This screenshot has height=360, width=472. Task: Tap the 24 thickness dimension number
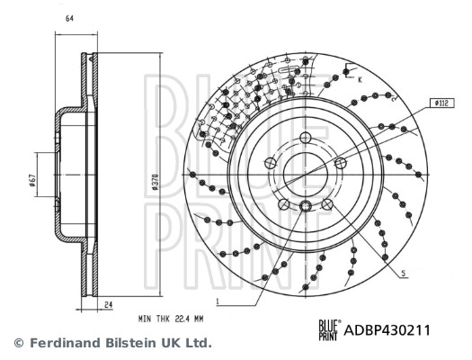coord(107,306)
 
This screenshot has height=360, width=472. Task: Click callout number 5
coord(405,274)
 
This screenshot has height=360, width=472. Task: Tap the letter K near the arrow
coord(359,80)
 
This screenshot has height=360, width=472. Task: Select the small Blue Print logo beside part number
coord(329,330)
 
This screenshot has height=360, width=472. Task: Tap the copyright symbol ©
coord(17,343)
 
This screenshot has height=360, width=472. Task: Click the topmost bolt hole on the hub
coord(305,138)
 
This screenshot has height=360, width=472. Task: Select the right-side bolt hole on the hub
coord(340,163)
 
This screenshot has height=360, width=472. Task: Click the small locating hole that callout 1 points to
coord(306,208)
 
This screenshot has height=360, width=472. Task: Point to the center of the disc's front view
coord(305,173)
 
